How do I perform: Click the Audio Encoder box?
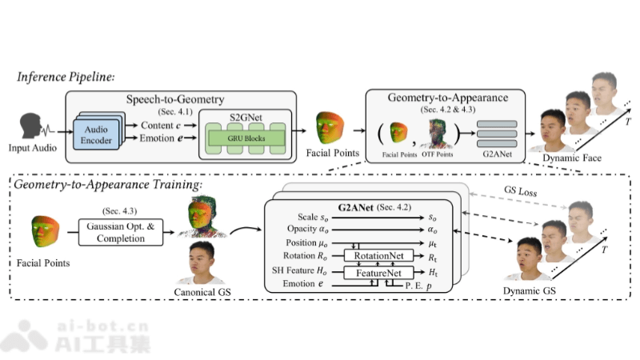tap(97, 134)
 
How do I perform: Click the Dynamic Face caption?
tap(571, 158)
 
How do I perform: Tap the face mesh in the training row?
tap(47, 230)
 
